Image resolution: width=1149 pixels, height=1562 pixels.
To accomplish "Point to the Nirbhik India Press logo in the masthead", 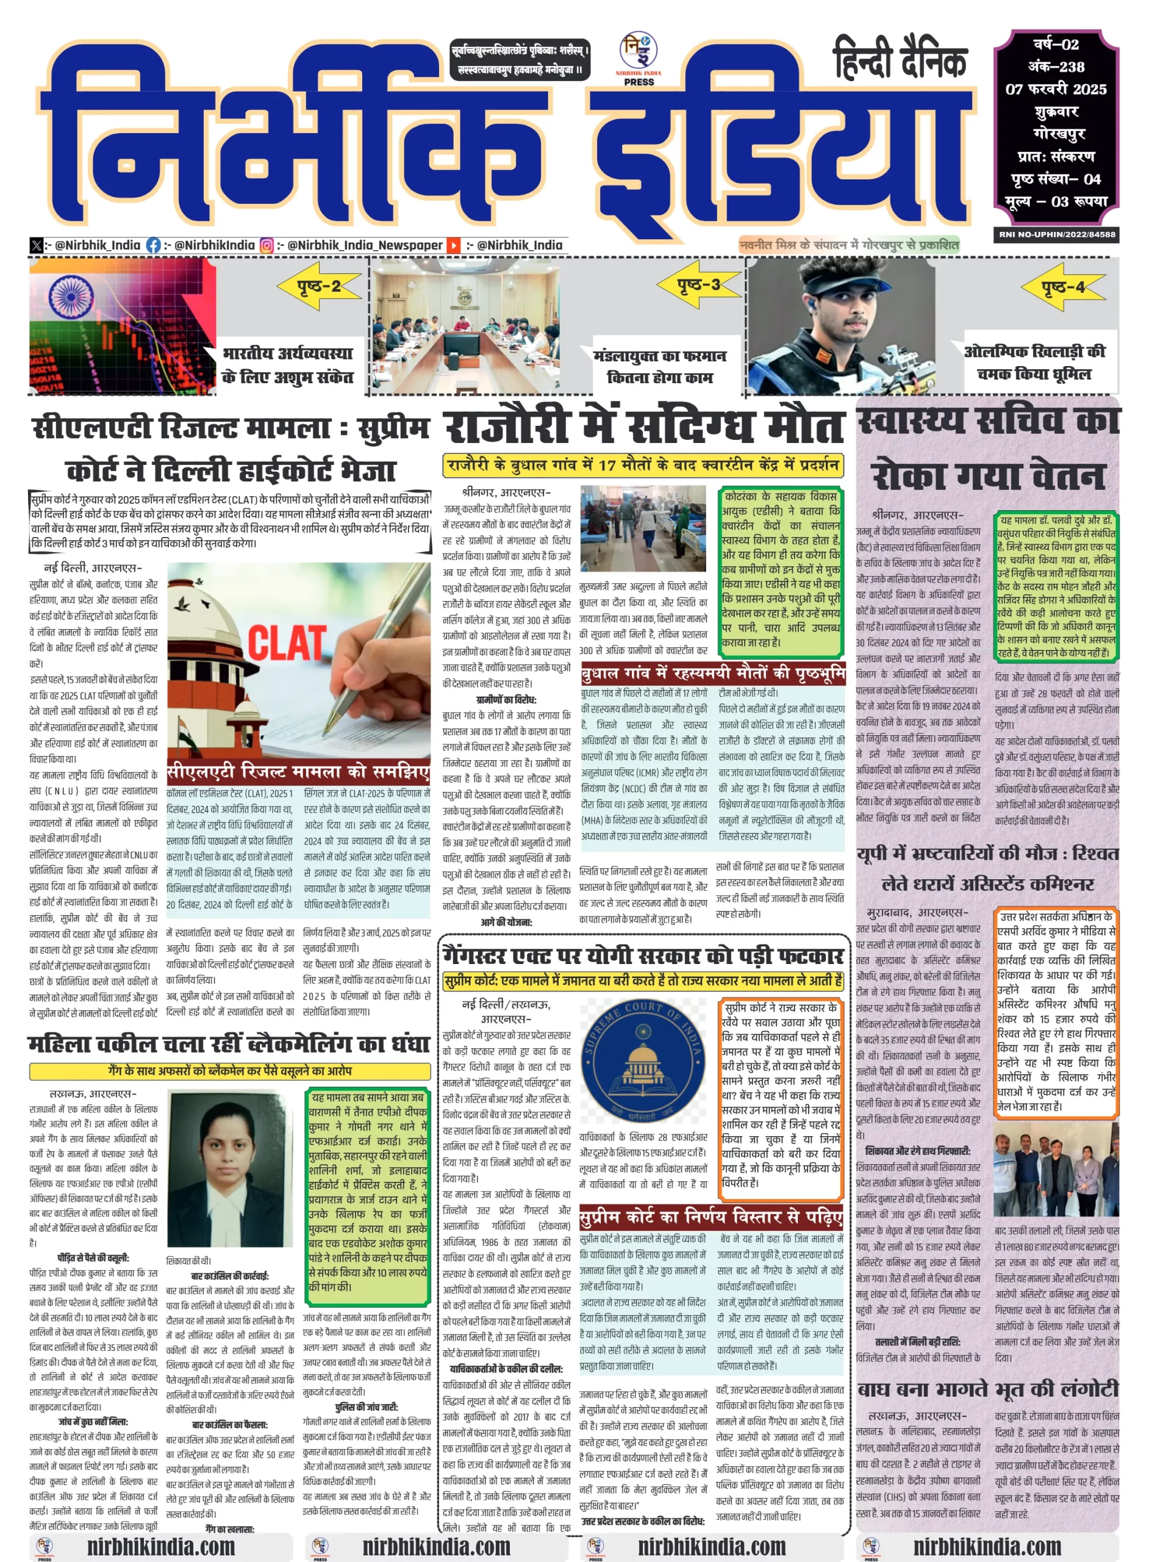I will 639,60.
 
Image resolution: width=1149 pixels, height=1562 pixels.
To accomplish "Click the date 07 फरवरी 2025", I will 1056,89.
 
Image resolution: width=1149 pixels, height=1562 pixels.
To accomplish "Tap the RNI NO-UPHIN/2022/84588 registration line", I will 1056,234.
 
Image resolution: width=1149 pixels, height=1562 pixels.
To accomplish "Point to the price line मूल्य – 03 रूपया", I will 1056,202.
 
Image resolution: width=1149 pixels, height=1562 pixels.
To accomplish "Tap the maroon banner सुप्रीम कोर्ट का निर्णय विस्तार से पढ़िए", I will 711,1217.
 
